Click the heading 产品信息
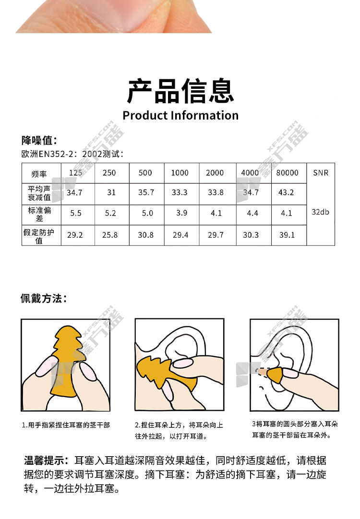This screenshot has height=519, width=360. pyautogui.click(x=180, y=91)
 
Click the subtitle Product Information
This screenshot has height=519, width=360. pyautogui.click(x=180, y=115)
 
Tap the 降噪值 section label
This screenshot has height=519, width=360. pyautogui.click(x=39, y=140)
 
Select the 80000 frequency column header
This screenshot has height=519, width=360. pyautogui.click(x=287, y=173)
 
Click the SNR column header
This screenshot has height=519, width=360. pyautogui.click(x=321, y=173)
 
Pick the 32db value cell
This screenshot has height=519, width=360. pyautogui.click(x=320, y=212)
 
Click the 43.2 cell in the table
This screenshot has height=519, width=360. pyautogui.click(x=286, y=193)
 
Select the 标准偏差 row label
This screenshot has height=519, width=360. pyautogui.click(x=39, y=214)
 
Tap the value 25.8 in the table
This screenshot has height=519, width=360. pyautogui.click(x=110, y=235)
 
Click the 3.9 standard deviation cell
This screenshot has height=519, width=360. pyautogui.click(x=181, y=213)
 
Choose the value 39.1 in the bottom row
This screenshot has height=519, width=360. pyautogui.click(x=287, y=235)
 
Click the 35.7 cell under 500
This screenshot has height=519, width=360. pyautogui.click(x=146, y=193)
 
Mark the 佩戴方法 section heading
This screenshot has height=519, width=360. pyautogui.click(x=44, y=299)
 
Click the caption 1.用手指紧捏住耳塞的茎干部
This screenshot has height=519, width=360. pyautogui.click(x=66, y=425)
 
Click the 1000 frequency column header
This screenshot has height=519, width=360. pyautogui.click(x=180, y=173)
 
